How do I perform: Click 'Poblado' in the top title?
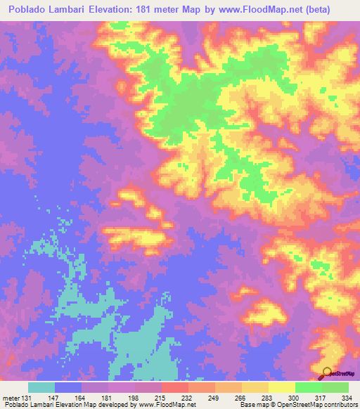(29, 10)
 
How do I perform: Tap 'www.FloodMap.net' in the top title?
(262, 10)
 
